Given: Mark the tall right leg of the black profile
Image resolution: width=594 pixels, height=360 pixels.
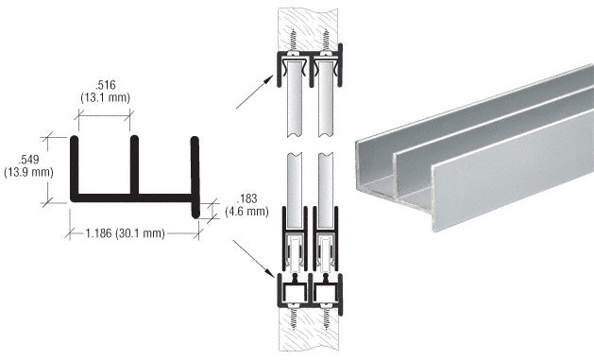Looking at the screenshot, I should click(x=195, y=175).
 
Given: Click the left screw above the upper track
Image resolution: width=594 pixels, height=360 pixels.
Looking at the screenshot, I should click(x=292, y=43).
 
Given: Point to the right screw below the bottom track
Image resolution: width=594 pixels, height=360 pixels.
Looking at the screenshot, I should click(x=325, y=317).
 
